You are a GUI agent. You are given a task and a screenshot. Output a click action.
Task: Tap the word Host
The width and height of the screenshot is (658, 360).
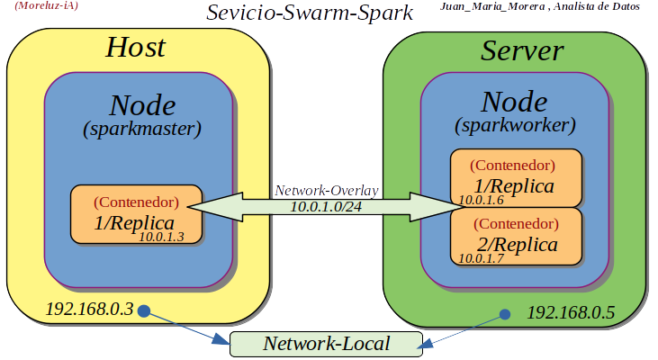136,48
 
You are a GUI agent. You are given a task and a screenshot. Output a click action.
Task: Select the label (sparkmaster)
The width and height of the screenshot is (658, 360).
142,129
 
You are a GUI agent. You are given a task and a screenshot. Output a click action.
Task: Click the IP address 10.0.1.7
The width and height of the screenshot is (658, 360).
482,258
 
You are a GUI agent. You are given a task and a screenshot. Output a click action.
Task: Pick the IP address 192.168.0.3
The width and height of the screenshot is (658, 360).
89,309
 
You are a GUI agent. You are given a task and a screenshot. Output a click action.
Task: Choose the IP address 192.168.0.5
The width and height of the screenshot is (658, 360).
570,313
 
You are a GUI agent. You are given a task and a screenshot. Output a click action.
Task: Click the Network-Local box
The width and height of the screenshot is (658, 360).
326,344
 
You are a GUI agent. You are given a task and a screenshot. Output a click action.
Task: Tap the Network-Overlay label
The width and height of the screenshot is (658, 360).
326,191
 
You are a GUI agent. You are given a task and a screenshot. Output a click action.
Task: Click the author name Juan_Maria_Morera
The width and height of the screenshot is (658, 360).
491,6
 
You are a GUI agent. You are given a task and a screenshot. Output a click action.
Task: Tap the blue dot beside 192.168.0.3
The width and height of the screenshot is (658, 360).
144,311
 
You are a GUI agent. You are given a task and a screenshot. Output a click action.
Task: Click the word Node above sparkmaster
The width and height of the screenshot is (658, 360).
142,104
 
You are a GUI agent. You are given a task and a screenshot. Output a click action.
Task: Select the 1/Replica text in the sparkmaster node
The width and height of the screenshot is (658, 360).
134,221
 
